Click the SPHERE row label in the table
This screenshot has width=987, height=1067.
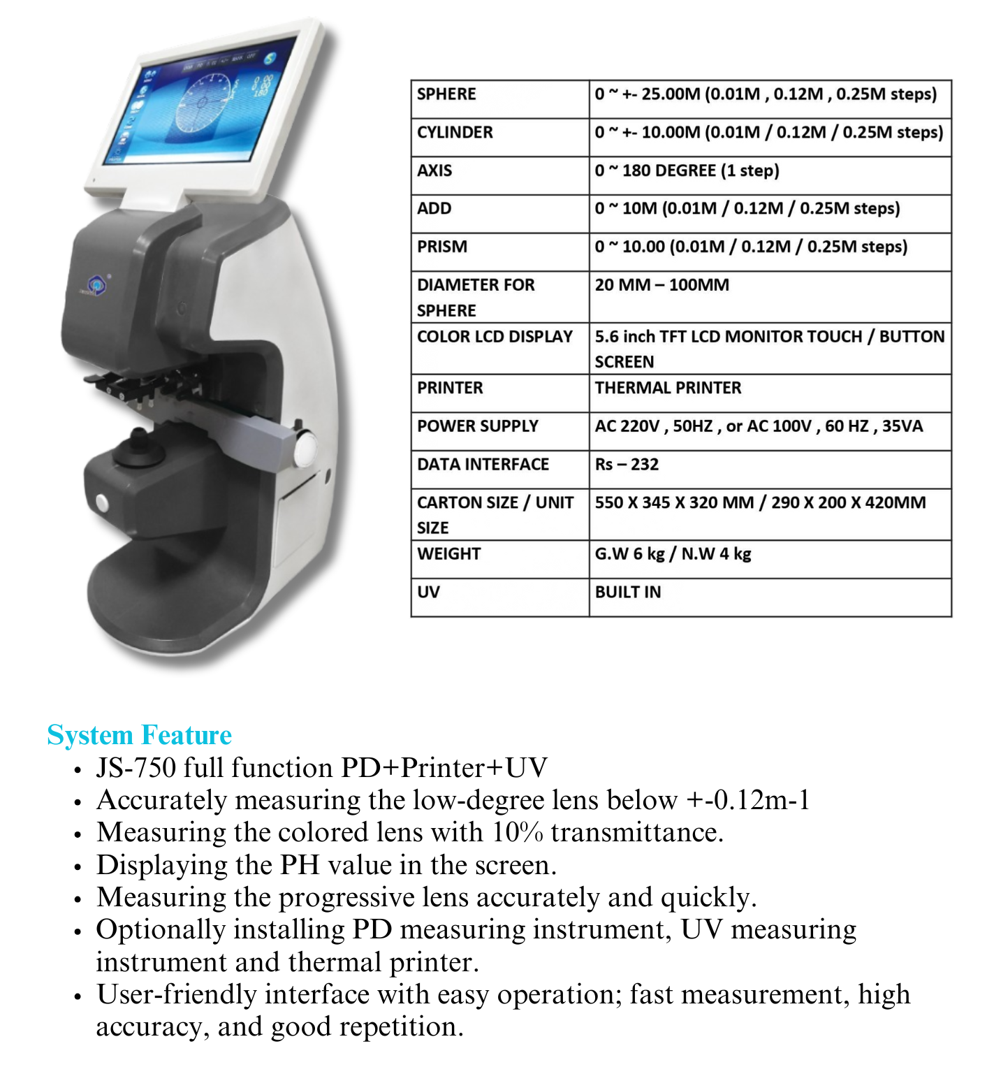[446, 94]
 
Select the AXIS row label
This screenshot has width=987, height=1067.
[434, 170]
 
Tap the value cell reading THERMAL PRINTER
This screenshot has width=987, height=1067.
[668, 388]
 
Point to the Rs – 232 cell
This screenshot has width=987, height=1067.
[627, 465]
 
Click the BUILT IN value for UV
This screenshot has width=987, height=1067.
[627, 593]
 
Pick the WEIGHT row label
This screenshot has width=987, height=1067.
[448, 554]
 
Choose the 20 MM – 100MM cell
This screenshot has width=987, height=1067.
[661, 285]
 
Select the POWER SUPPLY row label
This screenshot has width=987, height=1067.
[478, 426]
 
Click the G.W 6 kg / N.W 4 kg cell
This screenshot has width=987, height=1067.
[673, 554]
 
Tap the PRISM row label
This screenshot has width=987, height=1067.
[442, 247]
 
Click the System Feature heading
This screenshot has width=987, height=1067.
[139, 736]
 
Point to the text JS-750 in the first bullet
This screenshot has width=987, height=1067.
[136, 768]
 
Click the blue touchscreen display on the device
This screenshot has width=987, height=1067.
[199, 105]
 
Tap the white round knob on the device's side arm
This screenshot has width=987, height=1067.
[305, 448]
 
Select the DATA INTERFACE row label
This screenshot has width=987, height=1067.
[483, 465]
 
